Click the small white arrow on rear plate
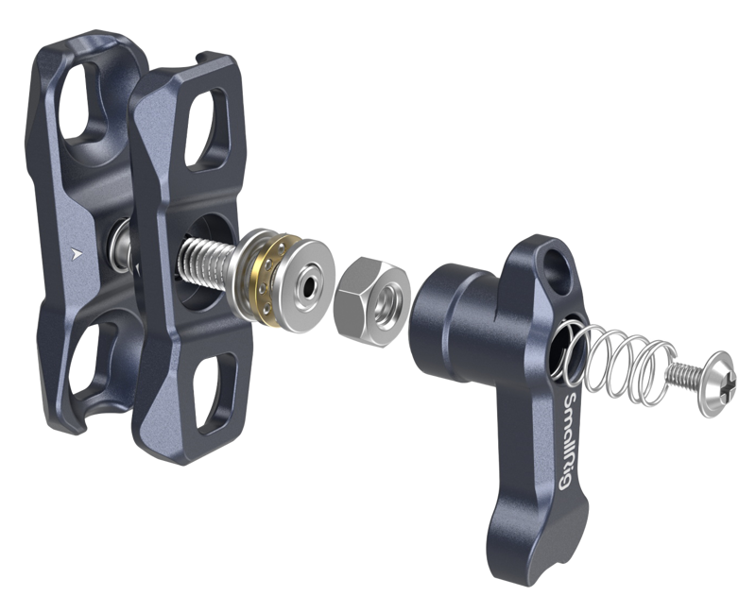click(x=75, y=252)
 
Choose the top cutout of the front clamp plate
click(x=204, y=123)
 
